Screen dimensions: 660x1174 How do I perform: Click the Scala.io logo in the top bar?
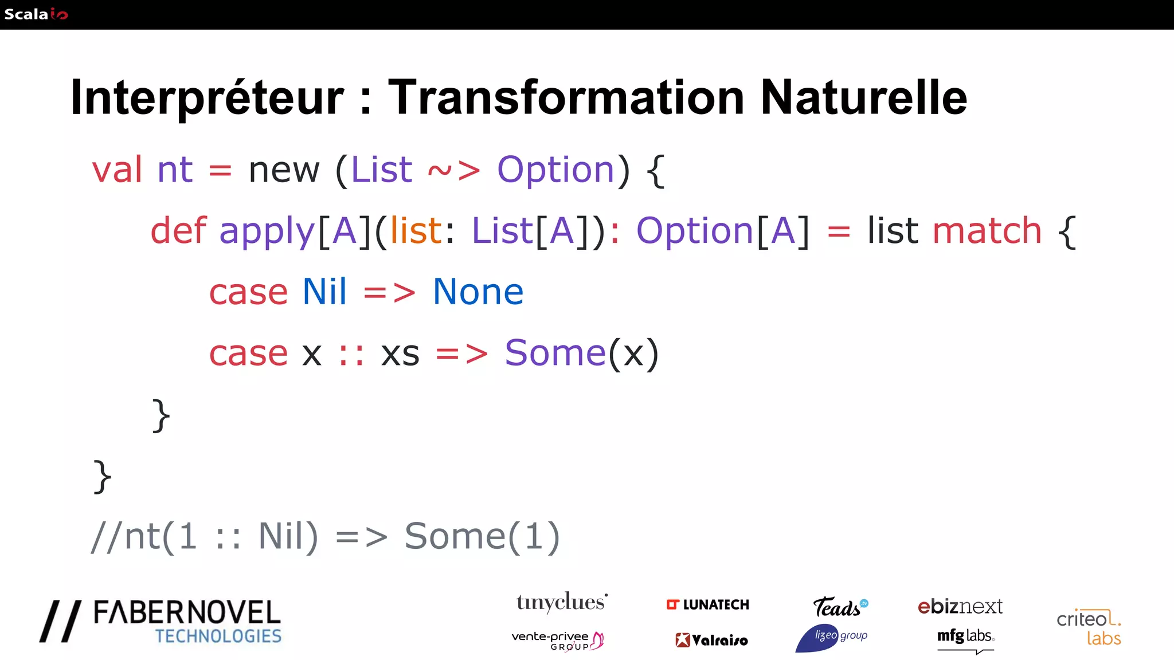coord(36,14)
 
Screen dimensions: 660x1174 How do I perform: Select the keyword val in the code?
coord(117,170)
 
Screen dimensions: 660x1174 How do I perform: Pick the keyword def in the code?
coord(178,231)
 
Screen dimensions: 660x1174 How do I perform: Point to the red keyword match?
coord(987,231)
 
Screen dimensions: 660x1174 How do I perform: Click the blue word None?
coord(478,292)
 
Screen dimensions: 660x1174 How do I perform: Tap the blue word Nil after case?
coord(324,292)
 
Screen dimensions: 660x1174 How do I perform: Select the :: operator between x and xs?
coord(351,354)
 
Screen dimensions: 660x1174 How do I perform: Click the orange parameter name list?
coord(416,231)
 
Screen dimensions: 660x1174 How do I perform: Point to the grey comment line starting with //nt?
coord(325,537)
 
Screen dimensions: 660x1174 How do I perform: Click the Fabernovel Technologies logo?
coord(161,622)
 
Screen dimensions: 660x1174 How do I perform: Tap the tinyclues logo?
coord(561,603)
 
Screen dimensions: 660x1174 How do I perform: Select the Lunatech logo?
coord(708,605)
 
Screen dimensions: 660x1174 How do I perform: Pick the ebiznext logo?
coord(960,606)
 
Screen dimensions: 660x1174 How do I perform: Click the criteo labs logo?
coord(1089,627)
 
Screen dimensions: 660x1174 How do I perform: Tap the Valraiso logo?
coord(711,640)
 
